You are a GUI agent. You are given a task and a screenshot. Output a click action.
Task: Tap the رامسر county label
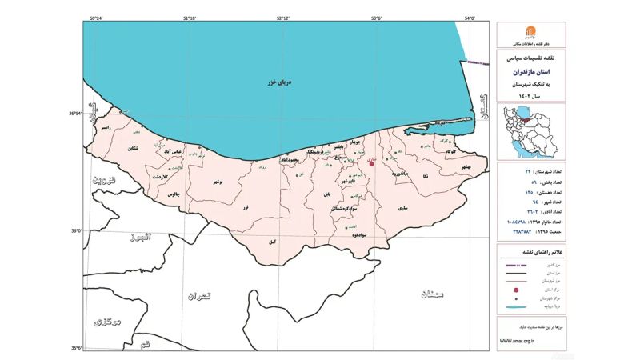104,128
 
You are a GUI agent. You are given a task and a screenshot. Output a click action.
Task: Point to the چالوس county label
173,194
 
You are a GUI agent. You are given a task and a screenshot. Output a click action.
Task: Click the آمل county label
273,240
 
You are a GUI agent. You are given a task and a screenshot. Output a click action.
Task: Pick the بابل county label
326,194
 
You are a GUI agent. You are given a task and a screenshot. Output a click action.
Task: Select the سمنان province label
429,294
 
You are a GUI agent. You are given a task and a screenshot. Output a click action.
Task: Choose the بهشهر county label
461,166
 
